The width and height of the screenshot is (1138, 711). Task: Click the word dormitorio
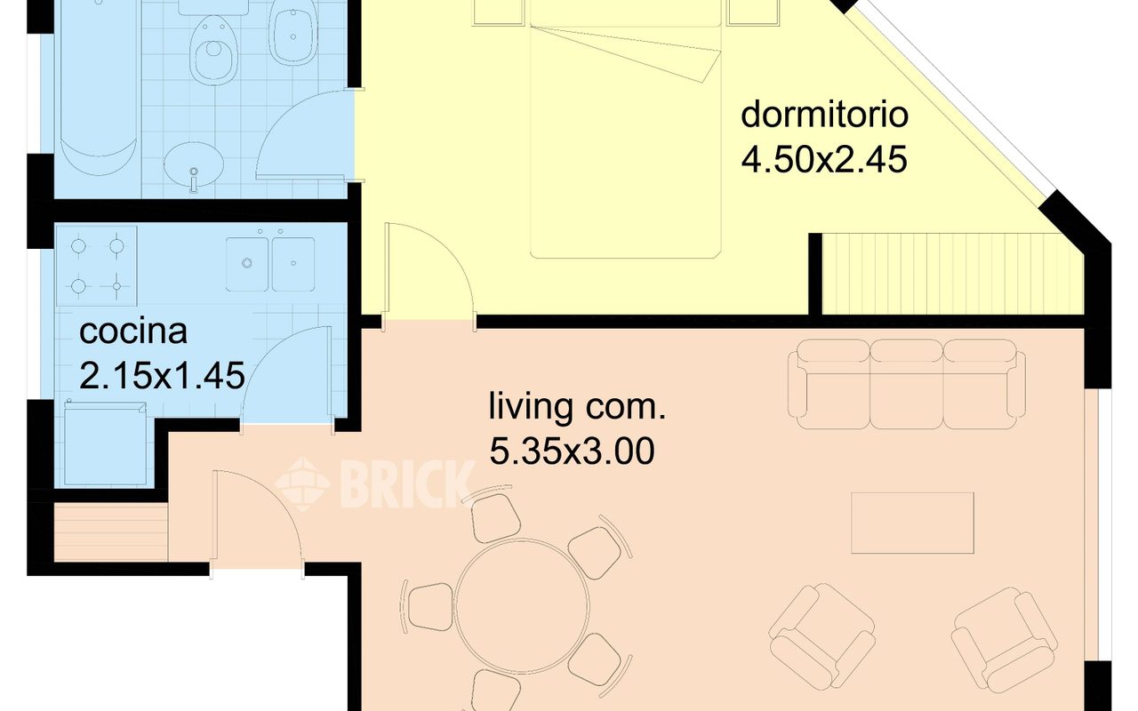824,115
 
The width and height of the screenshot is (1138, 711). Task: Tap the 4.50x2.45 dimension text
824,159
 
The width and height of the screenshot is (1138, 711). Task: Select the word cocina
133,332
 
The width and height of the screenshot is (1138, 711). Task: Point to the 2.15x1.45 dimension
162,375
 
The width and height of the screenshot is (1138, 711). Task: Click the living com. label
577,407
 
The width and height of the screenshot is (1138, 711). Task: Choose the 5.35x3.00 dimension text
572,451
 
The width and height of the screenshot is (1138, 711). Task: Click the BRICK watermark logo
376,484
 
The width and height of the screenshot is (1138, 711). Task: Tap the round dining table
522,606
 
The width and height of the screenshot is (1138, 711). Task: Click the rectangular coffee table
912,523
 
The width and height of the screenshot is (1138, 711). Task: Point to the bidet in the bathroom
293,31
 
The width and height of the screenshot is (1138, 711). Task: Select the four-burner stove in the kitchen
97,266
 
